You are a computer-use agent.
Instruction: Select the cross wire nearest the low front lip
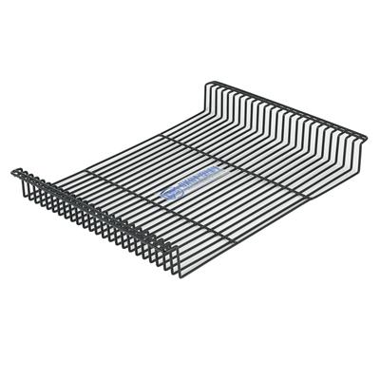click(142, 201)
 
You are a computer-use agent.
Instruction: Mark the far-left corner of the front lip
click(13, 172)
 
